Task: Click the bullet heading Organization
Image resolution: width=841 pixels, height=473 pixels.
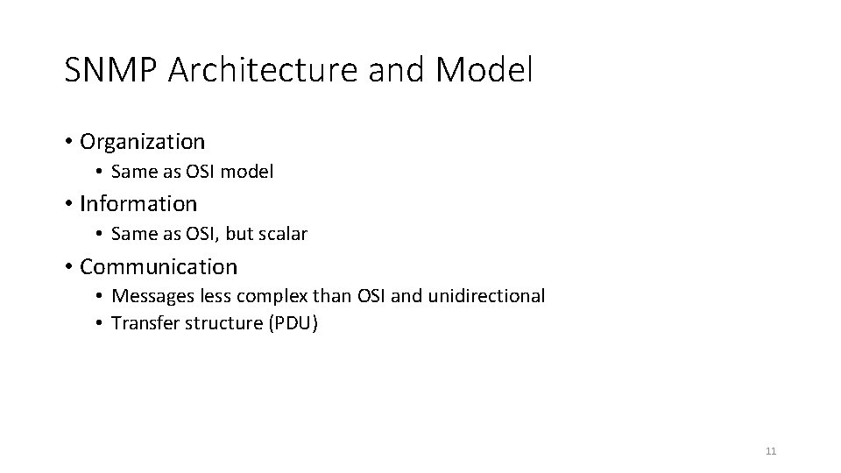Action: point(142,141)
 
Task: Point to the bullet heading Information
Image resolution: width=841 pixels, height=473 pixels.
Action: point(138,204)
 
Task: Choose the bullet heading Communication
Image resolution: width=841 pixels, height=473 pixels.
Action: point(159,266)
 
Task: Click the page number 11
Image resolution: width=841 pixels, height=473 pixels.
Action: point(771,451)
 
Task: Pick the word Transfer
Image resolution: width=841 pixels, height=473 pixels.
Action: point(142,323)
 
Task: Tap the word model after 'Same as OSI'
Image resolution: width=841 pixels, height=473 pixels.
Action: point(247,173)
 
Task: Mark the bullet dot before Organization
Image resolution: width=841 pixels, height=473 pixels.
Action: point(67,142)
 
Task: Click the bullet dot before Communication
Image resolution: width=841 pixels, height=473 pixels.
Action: point(67,267)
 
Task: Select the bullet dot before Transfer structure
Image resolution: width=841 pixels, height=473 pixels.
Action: point(101,324)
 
